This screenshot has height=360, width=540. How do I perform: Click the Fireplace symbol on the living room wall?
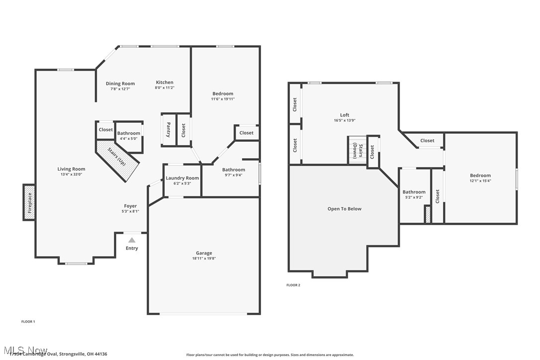pyautogui.click(x=29, y=202)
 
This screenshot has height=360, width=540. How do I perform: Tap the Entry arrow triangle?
pyautogui.click(x=132, y=240)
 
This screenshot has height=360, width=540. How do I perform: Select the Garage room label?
pyautogui.click(x=204, y=253)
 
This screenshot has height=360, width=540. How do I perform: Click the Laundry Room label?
pyautogui.click(x=182, y=178)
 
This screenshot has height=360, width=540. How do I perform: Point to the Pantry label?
pyautogui.click(x=169, y=129)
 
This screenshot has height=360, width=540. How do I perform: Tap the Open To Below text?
pyautogui.click(x=344, y=209)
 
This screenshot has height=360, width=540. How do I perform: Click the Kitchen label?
pyautogui.click(x=165, y=83)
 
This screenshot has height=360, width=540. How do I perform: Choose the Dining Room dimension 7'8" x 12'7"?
pyautogui.click(x=120, y=89)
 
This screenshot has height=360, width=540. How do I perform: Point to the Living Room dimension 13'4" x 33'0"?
pyautogui.click(x=71, y=175)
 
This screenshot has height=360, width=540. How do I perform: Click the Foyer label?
pyautogui.click(x=130, y=206)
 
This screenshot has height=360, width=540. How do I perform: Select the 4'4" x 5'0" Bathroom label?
pyautogui.click(x=129, y=133)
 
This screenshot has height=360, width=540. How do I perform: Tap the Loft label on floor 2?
pyautogui.click(x=345, y=115)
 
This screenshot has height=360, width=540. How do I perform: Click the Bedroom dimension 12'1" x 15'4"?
pyautogui.click(x=480, y=181)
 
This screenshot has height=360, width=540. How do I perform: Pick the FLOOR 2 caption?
pyautogui.click(x=293, y=285)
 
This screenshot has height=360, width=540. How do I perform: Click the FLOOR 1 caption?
pyautogui.click(x=28, y=322)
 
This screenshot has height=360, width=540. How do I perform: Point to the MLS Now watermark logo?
pyautogui.click(x=25, y=351)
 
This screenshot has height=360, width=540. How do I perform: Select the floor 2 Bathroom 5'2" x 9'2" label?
pyautogui.click(x=414, y=192)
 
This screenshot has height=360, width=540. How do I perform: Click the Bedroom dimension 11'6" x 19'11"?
pyautogui.click(x=222, y=99)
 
